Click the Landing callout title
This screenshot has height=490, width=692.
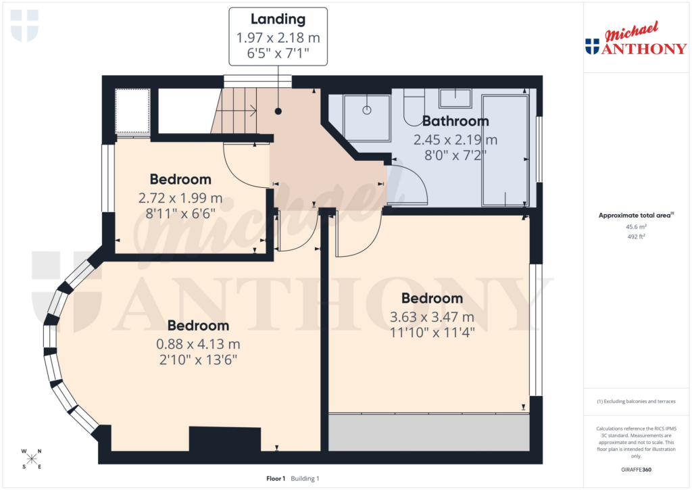tap(278, 20)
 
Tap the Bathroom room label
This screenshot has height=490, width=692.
tap(455, 122)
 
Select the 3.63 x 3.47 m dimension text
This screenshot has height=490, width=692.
tap(432, 316)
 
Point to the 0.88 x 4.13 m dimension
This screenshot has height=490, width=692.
tap(198, 343)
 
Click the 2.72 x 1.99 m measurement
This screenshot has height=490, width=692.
tap(180, 199)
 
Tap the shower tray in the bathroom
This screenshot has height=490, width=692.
tap(366, 118)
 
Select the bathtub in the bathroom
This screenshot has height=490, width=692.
tap(505, 150)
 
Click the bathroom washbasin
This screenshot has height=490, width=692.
tap(455, 98)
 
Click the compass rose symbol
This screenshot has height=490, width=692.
tap(32, 459)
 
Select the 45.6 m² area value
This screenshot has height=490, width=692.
tap(635, 227)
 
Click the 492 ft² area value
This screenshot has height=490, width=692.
tap(635, 237)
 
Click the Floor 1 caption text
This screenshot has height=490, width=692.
tap(276, 479)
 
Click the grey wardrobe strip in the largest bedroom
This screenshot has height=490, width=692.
tap(428, 432)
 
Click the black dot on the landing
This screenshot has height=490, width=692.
tap(278, 111)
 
